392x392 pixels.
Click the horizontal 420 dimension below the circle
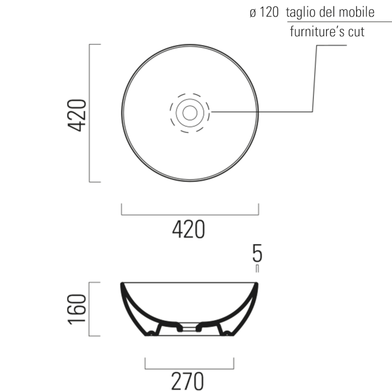pos(189,229)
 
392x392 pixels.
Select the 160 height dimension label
pos(77,310)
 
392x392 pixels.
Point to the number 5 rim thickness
pos(257,253)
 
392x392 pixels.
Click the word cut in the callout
pos(356,32)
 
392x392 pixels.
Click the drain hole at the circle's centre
pos(190,113)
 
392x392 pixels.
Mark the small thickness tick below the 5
pos(257,268)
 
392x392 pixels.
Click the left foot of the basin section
pos(152,334)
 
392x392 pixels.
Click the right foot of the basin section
pos(226,334)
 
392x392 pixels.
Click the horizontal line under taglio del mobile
pos(338,22)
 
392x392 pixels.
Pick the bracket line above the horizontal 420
pos(190,214)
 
